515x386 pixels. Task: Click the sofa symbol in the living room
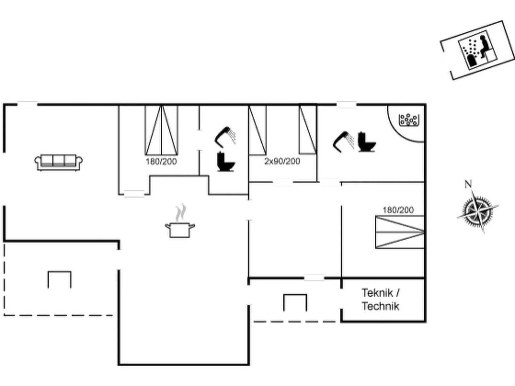click(x=58, y=162)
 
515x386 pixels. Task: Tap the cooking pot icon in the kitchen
click(x=180, y=230)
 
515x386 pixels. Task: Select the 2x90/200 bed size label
click(x=282, y=161)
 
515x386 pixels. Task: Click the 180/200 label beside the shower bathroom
click(x=161, y=161)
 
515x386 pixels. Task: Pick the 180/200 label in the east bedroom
click(x=398, y=210)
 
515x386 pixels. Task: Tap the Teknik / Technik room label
click(x=381, y=300)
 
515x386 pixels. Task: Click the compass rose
click(x=478, y=211)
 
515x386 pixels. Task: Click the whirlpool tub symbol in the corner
click(x=408, y=120)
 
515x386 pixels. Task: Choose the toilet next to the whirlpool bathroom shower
click(x=366, y=142)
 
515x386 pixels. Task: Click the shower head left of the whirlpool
click(x=343, y=141)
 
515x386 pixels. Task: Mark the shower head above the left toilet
click(x=225, y=136)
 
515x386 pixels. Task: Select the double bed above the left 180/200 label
click(x=161, y=130)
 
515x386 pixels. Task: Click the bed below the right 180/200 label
click(x=400, y=232)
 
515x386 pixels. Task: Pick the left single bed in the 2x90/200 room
click(x=257, y=130)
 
